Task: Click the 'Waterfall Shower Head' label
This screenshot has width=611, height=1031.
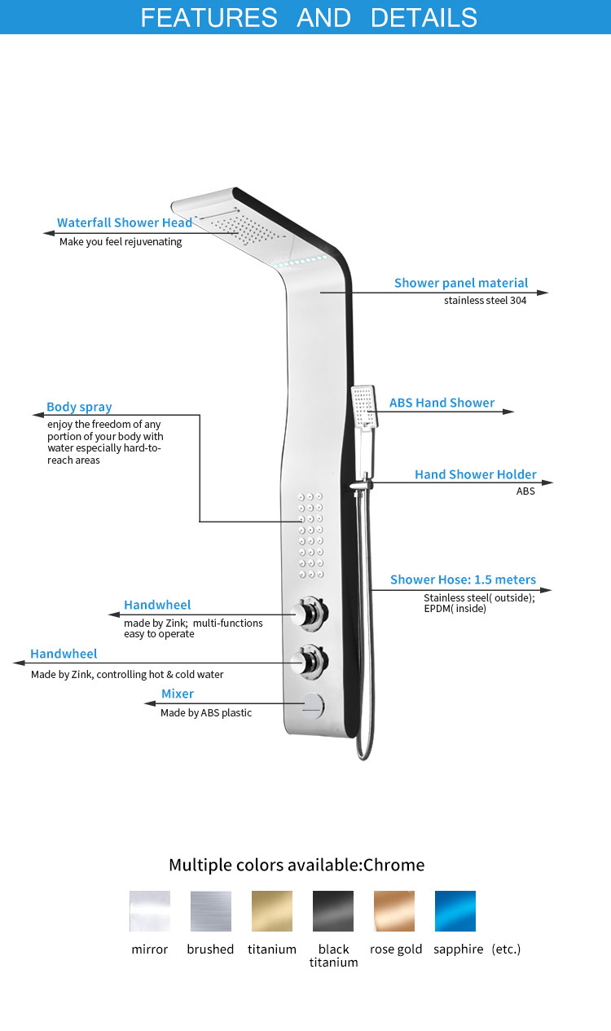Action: tap(124, 223)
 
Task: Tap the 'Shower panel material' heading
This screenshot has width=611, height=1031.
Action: tap(461, 283)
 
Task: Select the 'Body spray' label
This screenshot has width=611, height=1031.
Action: tap(79, 407)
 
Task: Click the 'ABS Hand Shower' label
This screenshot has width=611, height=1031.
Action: tap(442, 403)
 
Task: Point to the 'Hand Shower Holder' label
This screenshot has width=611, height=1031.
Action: tap(476, 474)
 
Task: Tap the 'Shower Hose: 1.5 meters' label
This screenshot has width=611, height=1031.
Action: tap(463, 579)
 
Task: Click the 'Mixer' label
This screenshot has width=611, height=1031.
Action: tap(178, 694)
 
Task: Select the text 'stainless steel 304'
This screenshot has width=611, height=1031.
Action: tap(485, 301)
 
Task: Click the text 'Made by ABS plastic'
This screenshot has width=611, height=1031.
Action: tap(206, 713)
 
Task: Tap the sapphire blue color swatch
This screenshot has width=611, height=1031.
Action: tap(455, 911)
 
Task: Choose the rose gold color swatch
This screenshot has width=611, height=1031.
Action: tap(394, 911)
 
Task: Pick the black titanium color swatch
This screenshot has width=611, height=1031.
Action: tap(333, 911)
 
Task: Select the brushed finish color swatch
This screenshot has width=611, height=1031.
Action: tap(211, 911)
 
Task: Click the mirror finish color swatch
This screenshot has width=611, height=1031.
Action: tap(150, 911)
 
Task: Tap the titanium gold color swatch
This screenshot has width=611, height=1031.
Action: tap(272, 911)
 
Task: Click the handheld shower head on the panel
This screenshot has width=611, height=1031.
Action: tap(364, 407)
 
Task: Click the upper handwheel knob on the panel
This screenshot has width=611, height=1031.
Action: tap(310, 613)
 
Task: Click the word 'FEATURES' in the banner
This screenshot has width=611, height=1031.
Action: tap(209, 18)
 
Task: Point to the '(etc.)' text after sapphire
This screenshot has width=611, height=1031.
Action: tap(506, 949)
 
